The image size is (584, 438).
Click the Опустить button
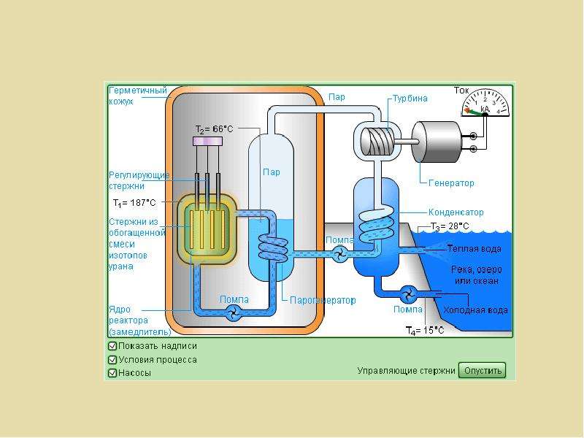click(x=482, y=370)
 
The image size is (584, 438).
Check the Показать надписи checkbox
click(x=112, y=346)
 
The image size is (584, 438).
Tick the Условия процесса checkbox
click(x=112, y=360)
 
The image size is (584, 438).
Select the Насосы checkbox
click(x=112, y=373)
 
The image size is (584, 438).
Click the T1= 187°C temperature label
click(x=134, y=203)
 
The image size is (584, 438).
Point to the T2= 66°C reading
click(x=214, y=129)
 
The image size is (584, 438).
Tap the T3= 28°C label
click(x=450, y=226)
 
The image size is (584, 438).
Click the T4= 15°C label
click(x=425, y=331)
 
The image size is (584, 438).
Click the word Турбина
click(x=410, y=99)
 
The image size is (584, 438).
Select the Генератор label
click(x=451, y=183)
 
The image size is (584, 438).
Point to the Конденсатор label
click(x=456, y=212)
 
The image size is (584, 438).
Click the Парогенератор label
click(x=323, y=300)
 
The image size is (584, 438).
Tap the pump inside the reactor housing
click(x=234, y=312)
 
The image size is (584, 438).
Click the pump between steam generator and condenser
click(x=339, y=254)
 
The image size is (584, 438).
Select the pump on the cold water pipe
click(x=408, y=294)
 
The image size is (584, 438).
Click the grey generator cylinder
click(x=437, y=142)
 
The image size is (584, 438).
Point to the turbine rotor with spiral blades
click(x=377, y=142)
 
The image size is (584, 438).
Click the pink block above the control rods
click(x=208, y=141)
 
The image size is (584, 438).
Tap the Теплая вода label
click(x=474, y=249)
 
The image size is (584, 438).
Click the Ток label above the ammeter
click(x=461, y=91)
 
